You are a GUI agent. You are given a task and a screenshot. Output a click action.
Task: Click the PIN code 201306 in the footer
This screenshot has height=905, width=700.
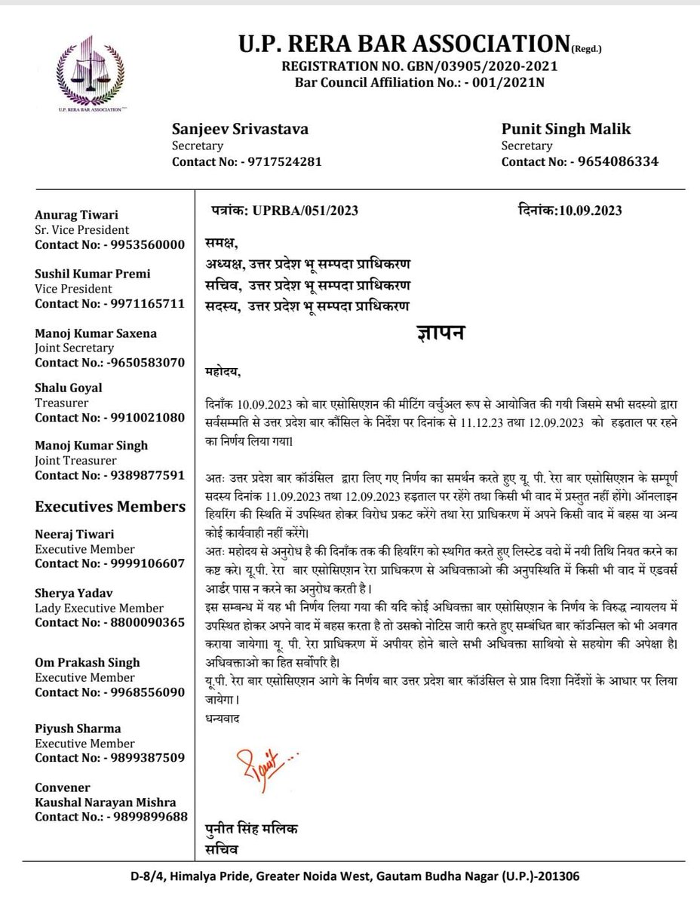pos(559,878)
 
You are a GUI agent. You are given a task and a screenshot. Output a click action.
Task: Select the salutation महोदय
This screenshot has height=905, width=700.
pos(226,371)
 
